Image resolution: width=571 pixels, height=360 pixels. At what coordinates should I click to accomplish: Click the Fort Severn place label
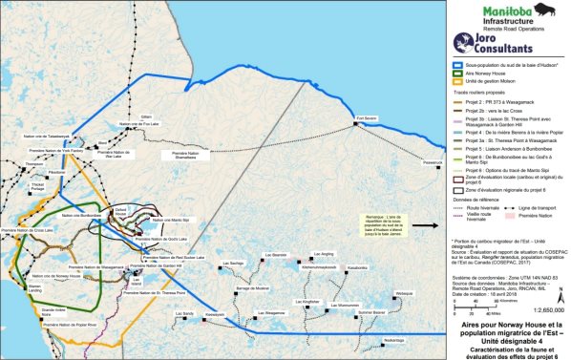[x=367, y=119]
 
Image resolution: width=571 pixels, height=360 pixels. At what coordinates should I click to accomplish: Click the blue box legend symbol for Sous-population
[x=456, y=66]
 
